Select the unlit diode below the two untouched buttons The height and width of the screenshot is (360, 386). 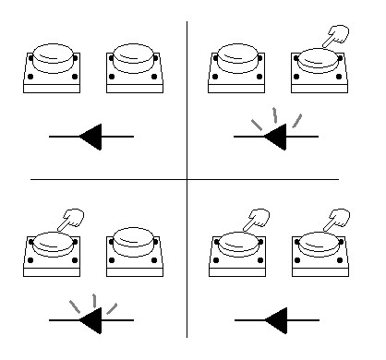92,138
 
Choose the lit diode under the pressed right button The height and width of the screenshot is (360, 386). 276,138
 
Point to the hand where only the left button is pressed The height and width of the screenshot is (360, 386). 70,220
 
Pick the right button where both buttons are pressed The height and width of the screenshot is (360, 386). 320,249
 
